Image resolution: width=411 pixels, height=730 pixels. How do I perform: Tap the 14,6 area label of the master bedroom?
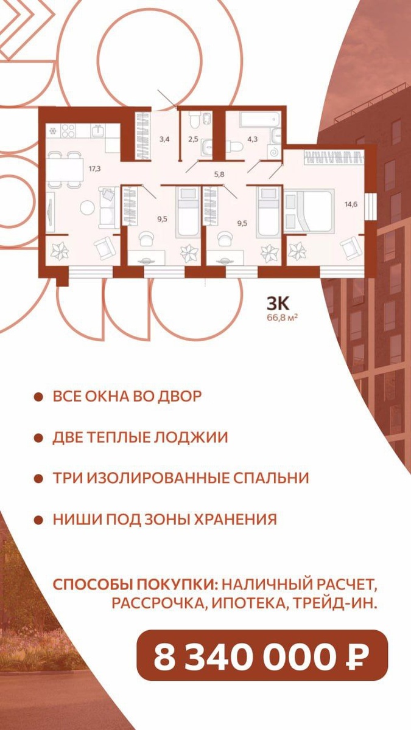pos(351,204)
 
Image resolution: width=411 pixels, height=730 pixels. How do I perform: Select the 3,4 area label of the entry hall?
pos(164,139)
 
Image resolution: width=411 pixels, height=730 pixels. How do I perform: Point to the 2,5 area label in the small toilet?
pos(192,139)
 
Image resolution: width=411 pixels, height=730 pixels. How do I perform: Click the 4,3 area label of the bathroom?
pos(252,139)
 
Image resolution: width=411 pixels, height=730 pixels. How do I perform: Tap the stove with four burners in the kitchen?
pos(67,130)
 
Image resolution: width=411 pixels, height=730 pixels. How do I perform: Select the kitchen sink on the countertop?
pos(97,130)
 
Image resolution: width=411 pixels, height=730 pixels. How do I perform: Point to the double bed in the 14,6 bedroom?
pos(309,210)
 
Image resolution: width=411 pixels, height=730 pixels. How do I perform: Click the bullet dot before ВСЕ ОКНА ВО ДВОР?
pos(38,397)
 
